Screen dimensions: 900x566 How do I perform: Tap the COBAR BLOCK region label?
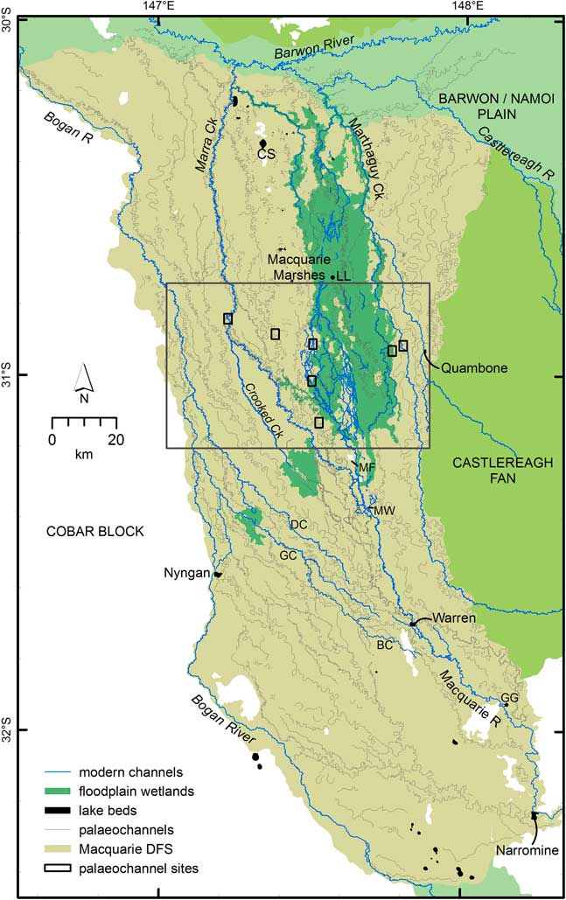coord(86,532)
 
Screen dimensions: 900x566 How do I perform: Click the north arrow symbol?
coord(84,378)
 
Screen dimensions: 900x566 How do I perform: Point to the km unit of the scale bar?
coord(84,455)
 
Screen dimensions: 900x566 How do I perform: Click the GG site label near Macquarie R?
coord(509,697)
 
